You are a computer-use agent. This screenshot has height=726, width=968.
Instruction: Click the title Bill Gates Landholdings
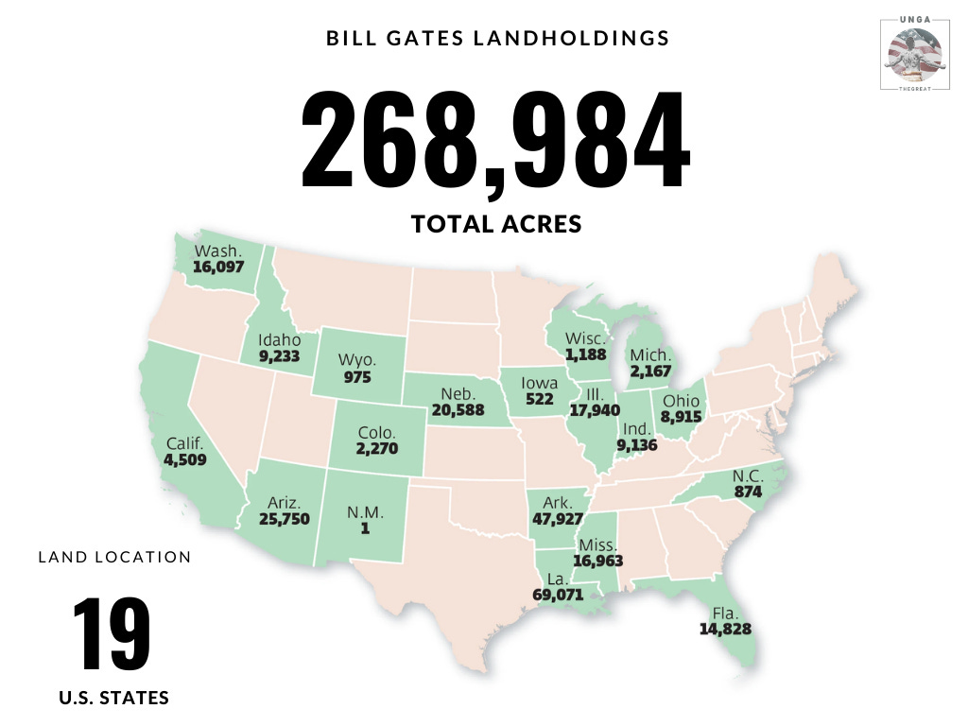pos(498,39)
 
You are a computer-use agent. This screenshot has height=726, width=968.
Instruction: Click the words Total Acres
pos(495,224)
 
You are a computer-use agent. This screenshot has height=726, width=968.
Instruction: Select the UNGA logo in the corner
pos(913,53)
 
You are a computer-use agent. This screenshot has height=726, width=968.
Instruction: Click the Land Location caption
pos(114,557)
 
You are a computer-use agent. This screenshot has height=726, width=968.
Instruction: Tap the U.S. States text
pos(113,699)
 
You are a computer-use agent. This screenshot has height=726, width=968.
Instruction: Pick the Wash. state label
pos(218,251)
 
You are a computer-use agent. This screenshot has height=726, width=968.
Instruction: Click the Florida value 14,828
pos(725,629)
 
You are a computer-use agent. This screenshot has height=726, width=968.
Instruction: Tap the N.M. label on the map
pos(364,511)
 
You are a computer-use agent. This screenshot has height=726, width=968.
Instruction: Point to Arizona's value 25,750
pos(285,519)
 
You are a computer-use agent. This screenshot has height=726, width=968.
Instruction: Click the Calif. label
pos(184,444)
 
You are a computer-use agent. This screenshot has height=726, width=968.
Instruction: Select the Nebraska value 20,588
pos(457,410)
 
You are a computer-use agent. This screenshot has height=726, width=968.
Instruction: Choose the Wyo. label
pos(357,360)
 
